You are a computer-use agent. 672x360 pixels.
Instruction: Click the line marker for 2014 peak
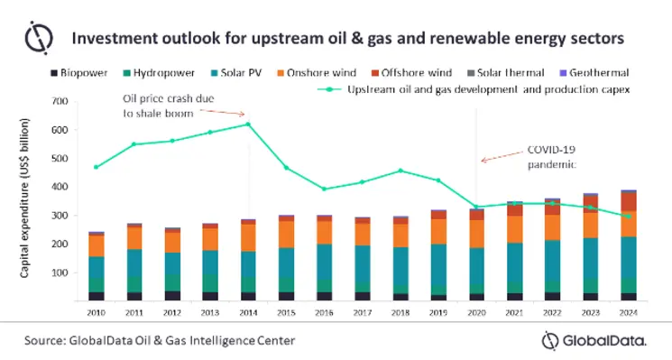[248, 125]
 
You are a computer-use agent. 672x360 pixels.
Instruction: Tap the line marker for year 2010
[96, 167]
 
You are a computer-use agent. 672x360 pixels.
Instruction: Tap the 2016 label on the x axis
[324, 312]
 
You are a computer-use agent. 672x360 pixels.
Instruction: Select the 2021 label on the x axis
[515, 312]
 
